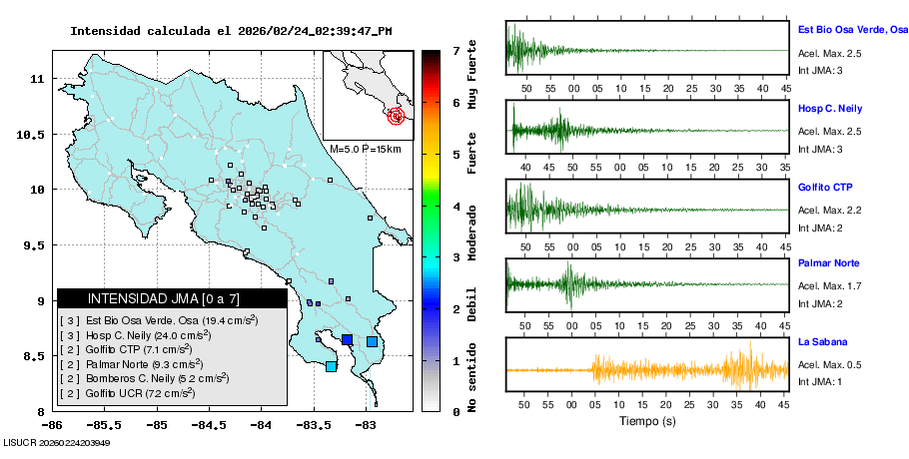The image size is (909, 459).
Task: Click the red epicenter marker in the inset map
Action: (398, 116)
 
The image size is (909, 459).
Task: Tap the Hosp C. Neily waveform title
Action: (829, 108)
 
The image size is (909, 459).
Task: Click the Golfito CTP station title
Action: (824, 187)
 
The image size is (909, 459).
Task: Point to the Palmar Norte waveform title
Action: (828, 263)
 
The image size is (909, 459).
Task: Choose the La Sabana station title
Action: (822, 341)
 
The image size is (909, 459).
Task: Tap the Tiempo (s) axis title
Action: (646, 422)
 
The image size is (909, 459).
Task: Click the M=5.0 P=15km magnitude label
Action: (365, 149)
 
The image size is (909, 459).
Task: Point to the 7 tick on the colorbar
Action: (455, 50)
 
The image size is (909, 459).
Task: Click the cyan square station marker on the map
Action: (331, 367)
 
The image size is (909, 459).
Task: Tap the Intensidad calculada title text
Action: (231, 31)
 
